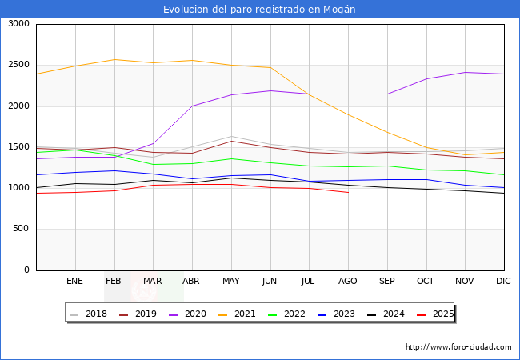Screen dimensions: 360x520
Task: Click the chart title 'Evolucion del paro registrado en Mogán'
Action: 259,10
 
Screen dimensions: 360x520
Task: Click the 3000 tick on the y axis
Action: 18,24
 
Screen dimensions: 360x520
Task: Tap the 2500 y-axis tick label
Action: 18,65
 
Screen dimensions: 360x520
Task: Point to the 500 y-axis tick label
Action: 21,229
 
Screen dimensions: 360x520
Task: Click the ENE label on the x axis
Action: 74,281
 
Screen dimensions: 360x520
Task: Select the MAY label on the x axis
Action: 230,281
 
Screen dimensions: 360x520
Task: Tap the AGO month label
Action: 347,281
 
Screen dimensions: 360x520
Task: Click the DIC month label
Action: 503,281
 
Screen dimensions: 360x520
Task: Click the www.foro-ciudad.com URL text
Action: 458,347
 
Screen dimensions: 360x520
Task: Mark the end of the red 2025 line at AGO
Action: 348,193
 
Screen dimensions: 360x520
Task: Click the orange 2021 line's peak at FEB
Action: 114,59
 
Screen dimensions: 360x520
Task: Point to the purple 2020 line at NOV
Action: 465,72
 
